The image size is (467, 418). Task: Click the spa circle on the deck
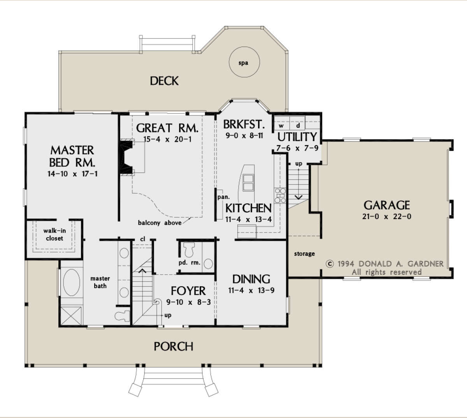[244, 63]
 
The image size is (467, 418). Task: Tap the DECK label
[164, 81]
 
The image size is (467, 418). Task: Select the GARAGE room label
[386, 205]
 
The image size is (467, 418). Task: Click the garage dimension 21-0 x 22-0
[386, 217]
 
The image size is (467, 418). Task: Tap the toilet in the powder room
[189, 250]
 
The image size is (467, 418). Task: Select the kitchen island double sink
[248, 182]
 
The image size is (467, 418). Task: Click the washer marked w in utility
[281, 126]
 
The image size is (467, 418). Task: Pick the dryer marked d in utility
[298, 126]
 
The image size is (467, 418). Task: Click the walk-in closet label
[54, 234]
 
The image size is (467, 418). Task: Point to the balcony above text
[160, 223]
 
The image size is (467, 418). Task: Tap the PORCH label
[174, 346]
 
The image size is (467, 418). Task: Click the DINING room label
[251, 279]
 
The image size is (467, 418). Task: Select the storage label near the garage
[304, 254]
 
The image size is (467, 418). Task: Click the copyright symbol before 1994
[330, 264]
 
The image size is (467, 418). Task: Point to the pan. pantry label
[223, 197]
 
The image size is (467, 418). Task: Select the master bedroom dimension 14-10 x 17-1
[72, 174]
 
